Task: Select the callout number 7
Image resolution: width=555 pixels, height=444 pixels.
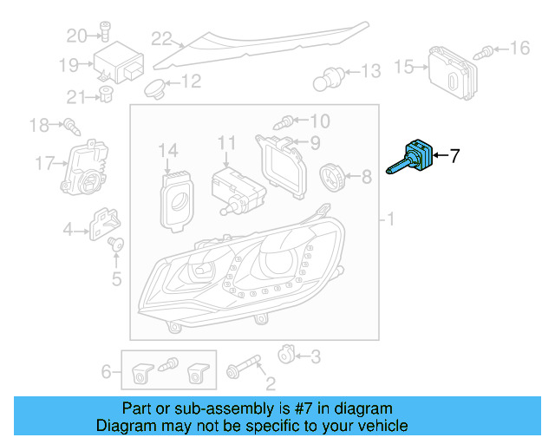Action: [x=454, y=156]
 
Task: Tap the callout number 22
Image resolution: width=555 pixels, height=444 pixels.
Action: [x=162, y=38]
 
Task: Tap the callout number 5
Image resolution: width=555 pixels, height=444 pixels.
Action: [x=116, y=279]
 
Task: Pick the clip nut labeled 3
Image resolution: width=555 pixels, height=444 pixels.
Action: [x=285, y=355]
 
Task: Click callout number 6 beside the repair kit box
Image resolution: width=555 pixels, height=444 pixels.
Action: [x=107, y=372]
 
